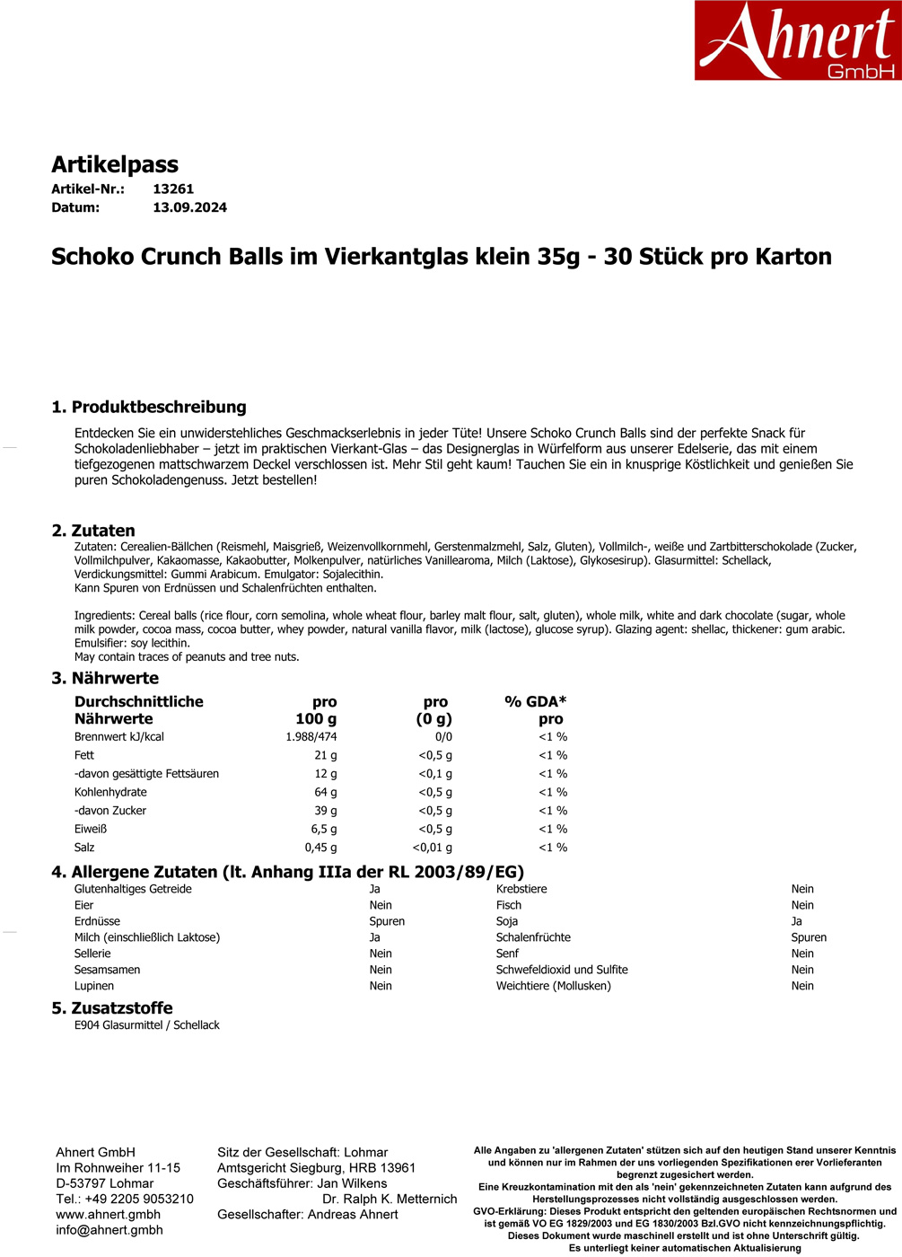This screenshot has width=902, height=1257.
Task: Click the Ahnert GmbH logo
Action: pyautogui.click(x=797, y=40)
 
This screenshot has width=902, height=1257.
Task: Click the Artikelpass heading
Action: pyautogui.click(x=115, y=164)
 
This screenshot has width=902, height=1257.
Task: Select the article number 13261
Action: pyautogui.click(x=173, y=189)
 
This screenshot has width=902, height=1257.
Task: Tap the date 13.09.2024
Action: pyautogui.click(x=189, y=207)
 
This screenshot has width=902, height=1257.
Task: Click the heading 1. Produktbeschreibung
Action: pyautogui.click(x=149, y=407)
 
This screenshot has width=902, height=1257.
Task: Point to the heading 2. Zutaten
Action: pyautogui.click(x=93, y=531)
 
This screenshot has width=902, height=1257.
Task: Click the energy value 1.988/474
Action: pyautogui.click(x=311, y=737)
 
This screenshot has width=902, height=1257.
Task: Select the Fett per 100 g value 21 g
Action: pyautogui.click(x=325, y=756)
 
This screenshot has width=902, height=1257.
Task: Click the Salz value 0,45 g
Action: pyautogui.click(x=320, y=848)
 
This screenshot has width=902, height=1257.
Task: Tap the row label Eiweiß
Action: pyautogui.click(x=91, y=830)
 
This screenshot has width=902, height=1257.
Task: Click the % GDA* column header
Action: pyautogui.click(x=536, y=702)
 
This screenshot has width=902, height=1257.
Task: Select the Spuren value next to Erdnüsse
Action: pyautogui.click(x=387, y=921)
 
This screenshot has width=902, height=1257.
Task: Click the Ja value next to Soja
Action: pyautogui.click(x=796, y=921)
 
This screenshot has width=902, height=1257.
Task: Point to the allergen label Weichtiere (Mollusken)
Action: pyautogui.click(x=553, y=986)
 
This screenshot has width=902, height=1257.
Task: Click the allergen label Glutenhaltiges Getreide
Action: pyautogui.click(x=133, y=889)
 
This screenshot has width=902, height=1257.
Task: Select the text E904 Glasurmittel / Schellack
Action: pyautogui.click(x=147, y=1025)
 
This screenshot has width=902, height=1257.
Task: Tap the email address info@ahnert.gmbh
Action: pyautogui.click(x=109, y=1230)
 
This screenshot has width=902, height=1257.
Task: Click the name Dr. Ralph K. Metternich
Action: pyautogui.click(x=390, y=1199)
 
